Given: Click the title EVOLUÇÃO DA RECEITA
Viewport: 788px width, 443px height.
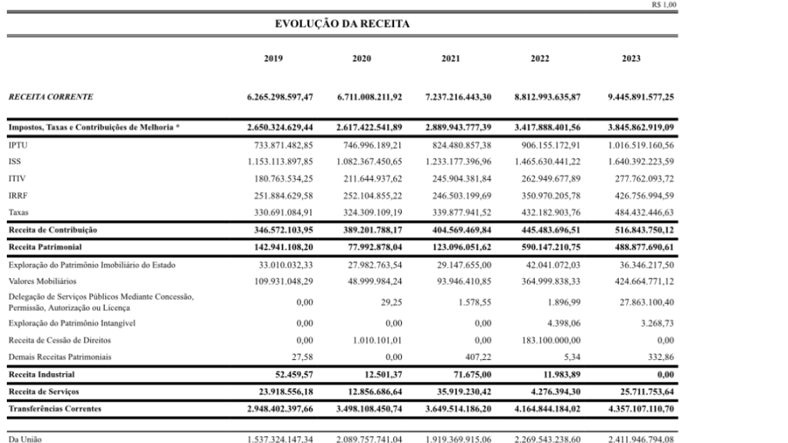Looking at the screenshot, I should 342,25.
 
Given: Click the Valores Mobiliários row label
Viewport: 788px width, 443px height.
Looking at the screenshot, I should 39,280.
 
